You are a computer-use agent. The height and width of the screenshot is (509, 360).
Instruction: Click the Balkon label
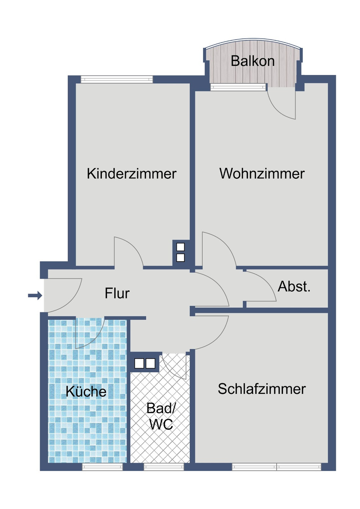[252, 61]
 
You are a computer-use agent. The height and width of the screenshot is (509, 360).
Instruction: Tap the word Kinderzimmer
[131, 174]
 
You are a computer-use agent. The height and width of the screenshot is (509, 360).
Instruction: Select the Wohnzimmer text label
[262, 174]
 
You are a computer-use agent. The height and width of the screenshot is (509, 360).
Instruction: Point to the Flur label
[117, 294]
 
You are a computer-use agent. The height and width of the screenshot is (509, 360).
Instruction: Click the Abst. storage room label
[294, 287]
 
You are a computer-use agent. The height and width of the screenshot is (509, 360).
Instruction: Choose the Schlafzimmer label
[262, 389]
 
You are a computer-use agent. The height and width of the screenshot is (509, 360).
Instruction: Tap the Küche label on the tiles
[86, 391]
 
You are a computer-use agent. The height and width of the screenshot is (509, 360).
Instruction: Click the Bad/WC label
[161, 417]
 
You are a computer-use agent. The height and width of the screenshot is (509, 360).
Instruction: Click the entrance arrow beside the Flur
[35, 296]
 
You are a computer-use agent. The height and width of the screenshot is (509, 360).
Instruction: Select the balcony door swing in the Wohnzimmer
[283, 106]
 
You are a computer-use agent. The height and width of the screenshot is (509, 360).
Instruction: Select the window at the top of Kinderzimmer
[117, 79]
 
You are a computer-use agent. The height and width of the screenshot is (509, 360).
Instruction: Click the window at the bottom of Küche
[102, 467]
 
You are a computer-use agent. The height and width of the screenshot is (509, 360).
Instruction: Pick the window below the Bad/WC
[164, 467]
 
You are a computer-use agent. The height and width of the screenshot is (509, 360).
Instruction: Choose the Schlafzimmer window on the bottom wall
[276, 467]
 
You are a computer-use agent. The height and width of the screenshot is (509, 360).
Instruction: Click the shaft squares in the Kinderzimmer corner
[180, 252]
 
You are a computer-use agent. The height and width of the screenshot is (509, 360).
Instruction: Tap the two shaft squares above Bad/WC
[145, 363]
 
